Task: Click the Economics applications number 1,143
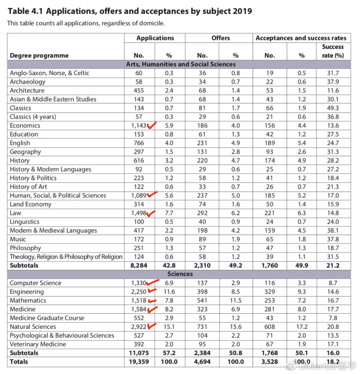pos(139,126)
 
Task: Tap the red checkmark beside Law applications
pos(151,213)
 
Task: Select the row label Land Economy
pos(31,204)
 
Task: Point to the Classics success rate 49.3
pos(333,108)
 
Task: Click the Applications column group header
pos(155,38)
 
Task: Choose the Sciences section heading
pos(180,274)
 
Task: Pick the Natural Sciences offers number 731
pos(202,327)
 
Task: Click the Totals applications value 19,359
pos(139,362)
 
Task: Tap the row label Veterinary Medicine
pos(38,344)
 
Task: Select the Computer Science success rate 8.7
pos(333,283)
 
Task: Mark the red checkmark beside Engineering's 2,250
pos(152,291)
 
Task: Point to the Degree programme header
pos(39,56)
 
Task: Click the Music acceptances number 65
pos(270,239)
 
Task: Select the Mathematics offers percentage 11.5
pos(235,300)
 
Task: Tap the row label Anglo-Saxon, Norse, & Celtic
pos(49,73)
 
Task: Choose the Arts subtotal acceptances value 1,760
pos(270,265)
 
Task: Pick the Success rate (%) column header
pos(333,51)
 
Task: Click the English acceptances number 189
pos(270,143)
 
